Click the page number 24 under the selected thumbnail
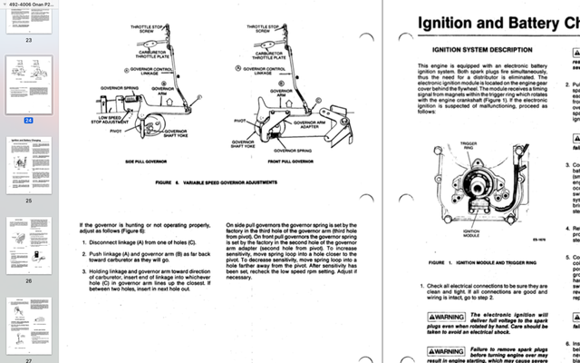point(29,120)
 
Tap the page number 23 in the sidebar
point(29,41)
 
